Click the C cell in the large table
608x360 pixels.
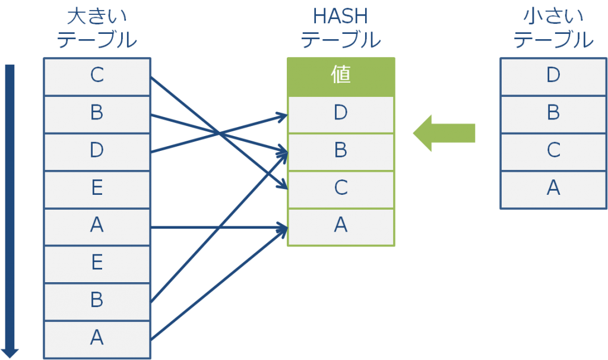[x=97, y=76]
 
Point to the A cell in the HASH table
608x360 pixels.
[x=341, y=226]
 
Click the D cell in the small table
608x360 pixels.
[x=553, y=76]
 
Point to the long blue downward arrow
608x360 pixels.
[x=10, y=208]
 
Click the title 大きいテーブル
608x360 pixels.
[x=97, y=29]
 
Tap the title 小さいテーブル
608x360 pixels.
[x=553, y=29]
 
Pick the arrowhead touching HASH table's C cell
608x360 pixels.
[x=283, y=186]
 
